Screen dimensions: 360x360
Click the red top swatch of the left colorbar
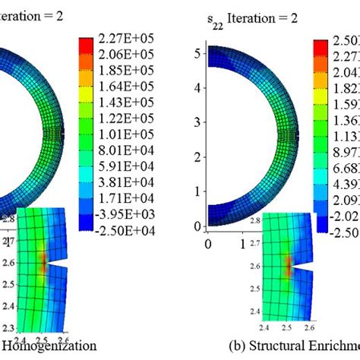[x=86, y=43]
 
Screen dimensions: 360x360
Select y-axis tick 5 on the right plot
[x=198, y=53]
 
